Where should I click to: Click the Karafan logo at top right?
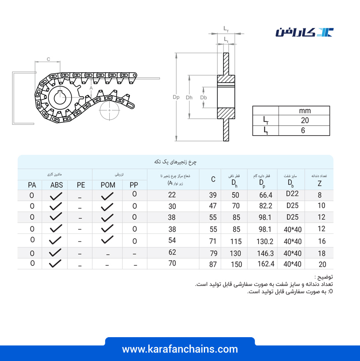(305, 32)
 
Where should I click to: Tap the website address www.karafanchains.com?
(180, 349)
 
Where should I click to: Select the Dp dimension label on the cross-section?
(176, 97)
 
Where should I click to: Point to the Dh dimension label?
(189, 98)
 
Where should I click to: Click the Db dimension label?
(203, 98)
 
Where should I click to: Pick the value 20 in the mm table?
(305, 120)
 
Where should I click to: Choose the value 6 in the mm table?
(303, 131)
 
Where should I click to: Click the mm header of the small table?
(305, 111)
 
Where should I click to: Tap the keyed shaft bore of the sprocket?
(60, 98)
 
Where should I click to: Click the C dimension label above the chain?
(48, 59)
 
